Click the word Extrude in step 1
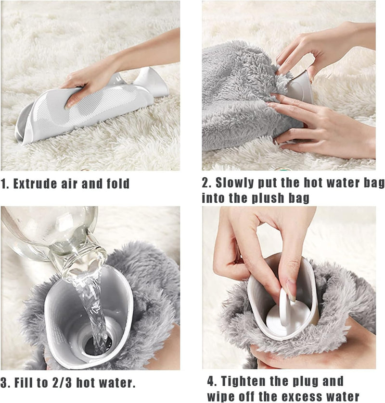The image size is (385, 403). click(35, 184)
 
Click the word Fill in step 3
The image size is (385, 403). click(24, 383)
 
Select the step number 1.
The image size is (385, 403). click(3, 184)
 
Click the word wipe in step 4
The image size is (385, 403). click(221, 396)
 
